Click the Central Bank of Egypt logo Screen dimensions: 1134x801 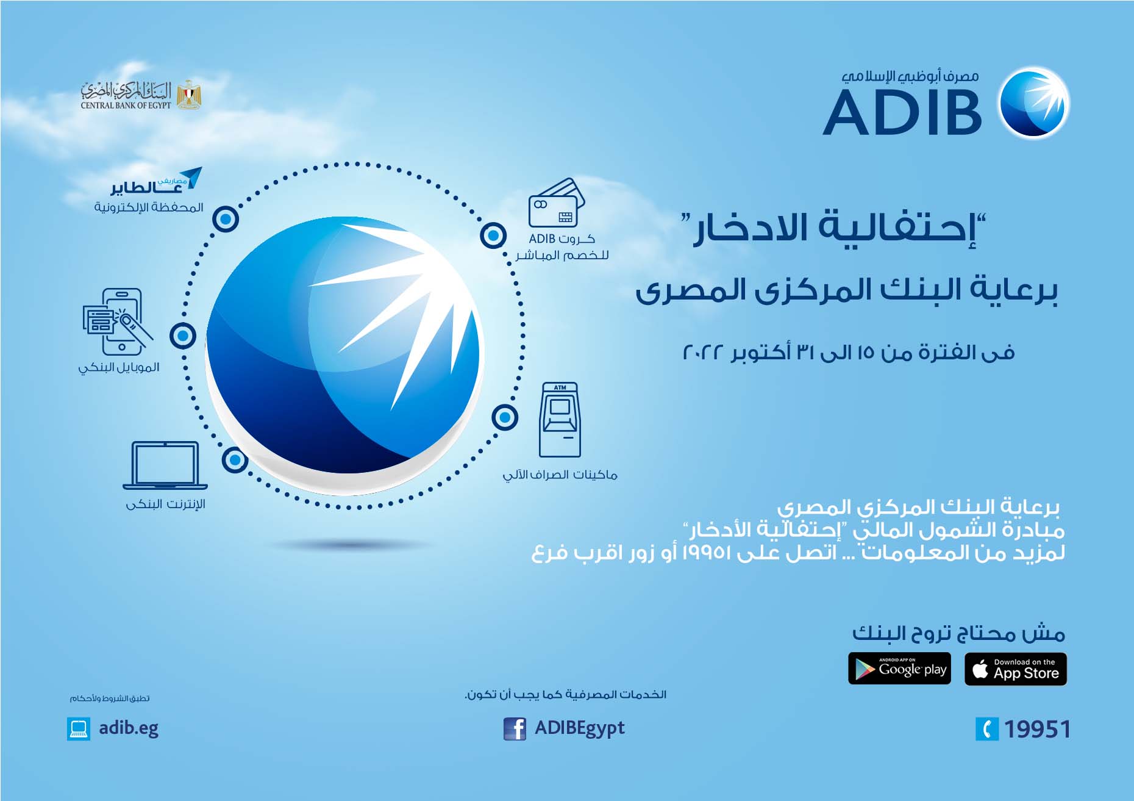click(141, 95)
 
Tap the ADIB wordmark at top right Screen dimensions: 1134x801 click(902, 112)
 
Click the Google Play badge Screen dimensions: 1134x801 click(899, 669)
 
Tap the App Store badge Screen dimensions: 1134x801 click(1016, 669)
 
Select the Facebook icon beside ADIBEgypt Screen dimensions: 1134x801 click(515, 729)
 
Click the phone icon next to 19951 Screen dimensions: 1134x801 click(987, 729)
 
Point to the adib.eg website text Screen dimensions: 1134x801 click(129, 728)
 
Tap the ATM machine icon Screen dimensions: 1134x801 click(560, 420)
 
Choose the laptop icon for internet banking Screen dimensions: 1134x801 click(165, 465)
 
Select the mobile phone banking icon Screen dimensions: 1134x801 click(118, 321)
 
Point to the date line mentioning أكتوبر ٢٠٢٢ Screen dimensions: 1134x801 click(849, 352)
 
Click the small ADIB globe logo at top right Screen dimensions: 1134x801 click(1034, 102)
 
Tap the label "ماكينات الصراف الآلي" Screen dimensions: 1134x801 click(560, 475)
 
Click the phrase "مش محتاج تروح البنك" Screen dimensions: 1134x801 click(958, 634)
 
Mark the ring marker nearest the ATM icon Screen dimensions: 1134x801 click(505, 418)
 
